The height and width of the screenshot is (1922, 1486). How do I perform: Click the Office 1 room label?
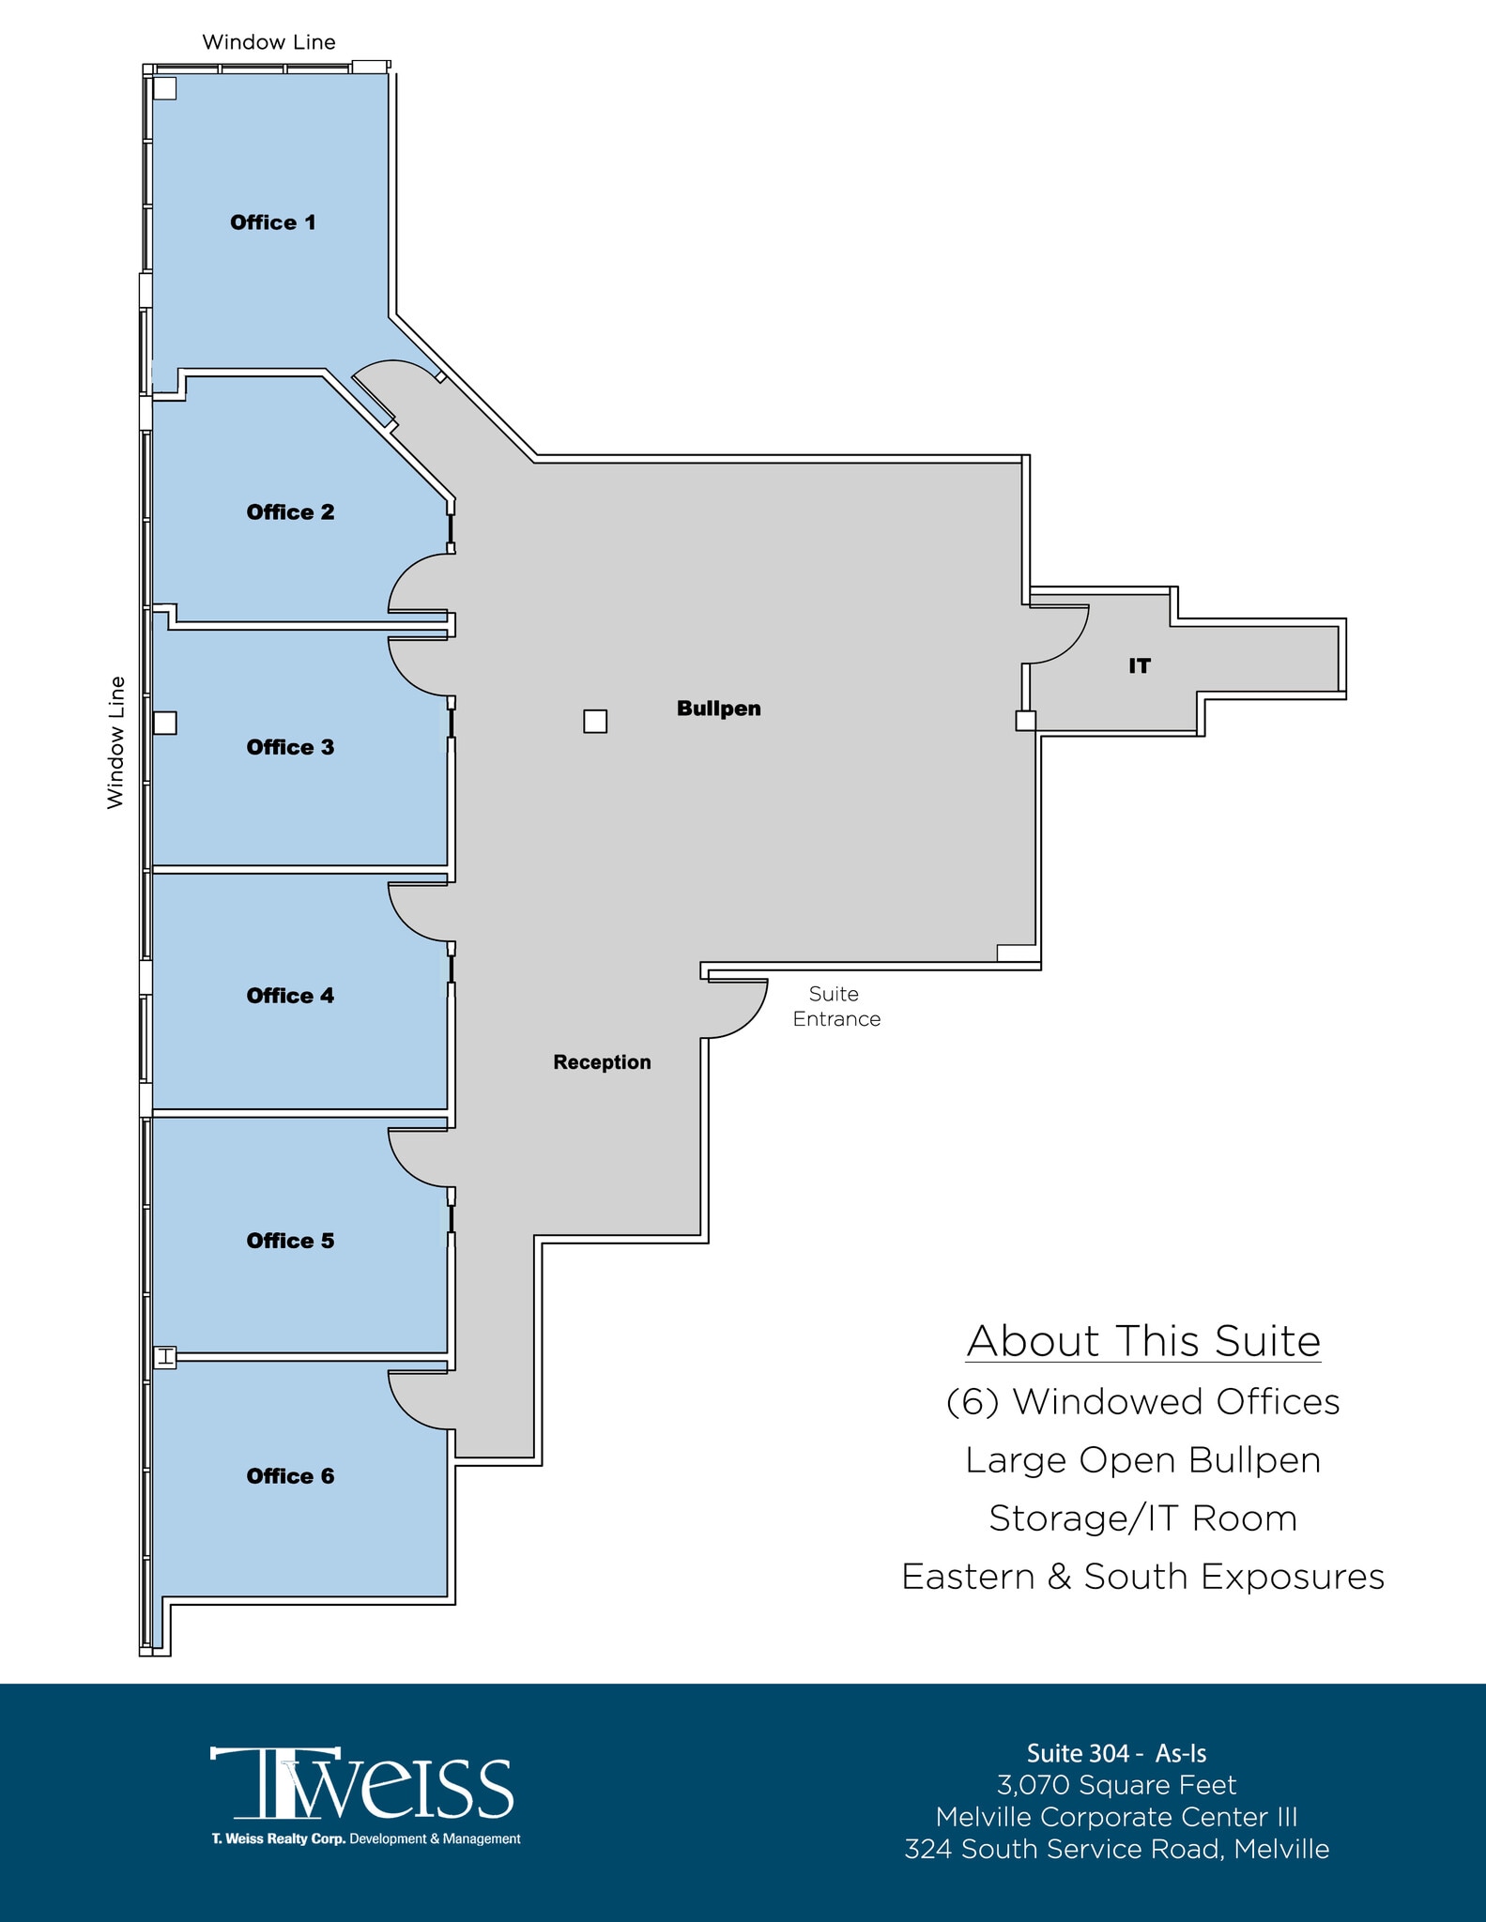click(x=273, y=222)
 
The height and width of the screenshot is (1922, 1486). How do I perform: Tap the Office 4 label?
click(x=290, y=996)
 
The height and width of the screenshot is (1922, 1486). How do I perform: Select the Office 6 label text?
click(x=290, y=1476)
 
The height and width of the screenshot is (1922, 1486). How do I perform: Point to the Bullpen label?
click(x=719, y=709)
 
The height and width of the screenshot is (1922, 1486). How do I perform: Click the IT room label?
click(x=1139, y=666)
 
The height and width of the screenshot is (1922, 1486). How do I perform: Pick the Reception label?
click(x=602, y=1062)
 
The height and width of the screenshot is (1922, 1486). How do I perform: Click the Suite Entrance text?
click(x=835, y=1006)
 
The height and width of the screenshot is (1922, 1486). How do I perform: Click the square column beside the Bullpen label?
click(x=595, y=721)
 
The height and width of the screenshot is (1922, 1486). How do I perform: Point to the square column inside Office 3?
click(x=165, y=723)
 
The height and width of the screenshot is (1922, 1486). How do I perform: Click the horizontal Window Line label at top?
click(x=268, y=42)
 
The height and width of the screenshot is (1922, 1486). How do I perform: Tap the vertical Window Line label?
click(x=115, y=742)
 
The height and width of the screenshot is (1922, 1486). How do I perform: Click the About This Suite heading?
click(x=1143, y=1341)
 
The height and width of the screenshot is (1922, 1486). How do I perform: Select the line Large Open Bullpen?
click(x=1143, y=1460)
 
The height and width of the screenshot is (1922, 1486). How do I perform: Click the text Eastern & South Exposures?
click(x=1143, y=1577)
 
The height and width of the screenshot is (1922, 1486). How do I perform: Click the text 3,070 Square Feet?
click(x=1116, y=1785)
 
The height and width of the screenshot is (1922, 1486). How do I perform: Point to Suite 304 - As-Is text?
click(x=1116, y=1753)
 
